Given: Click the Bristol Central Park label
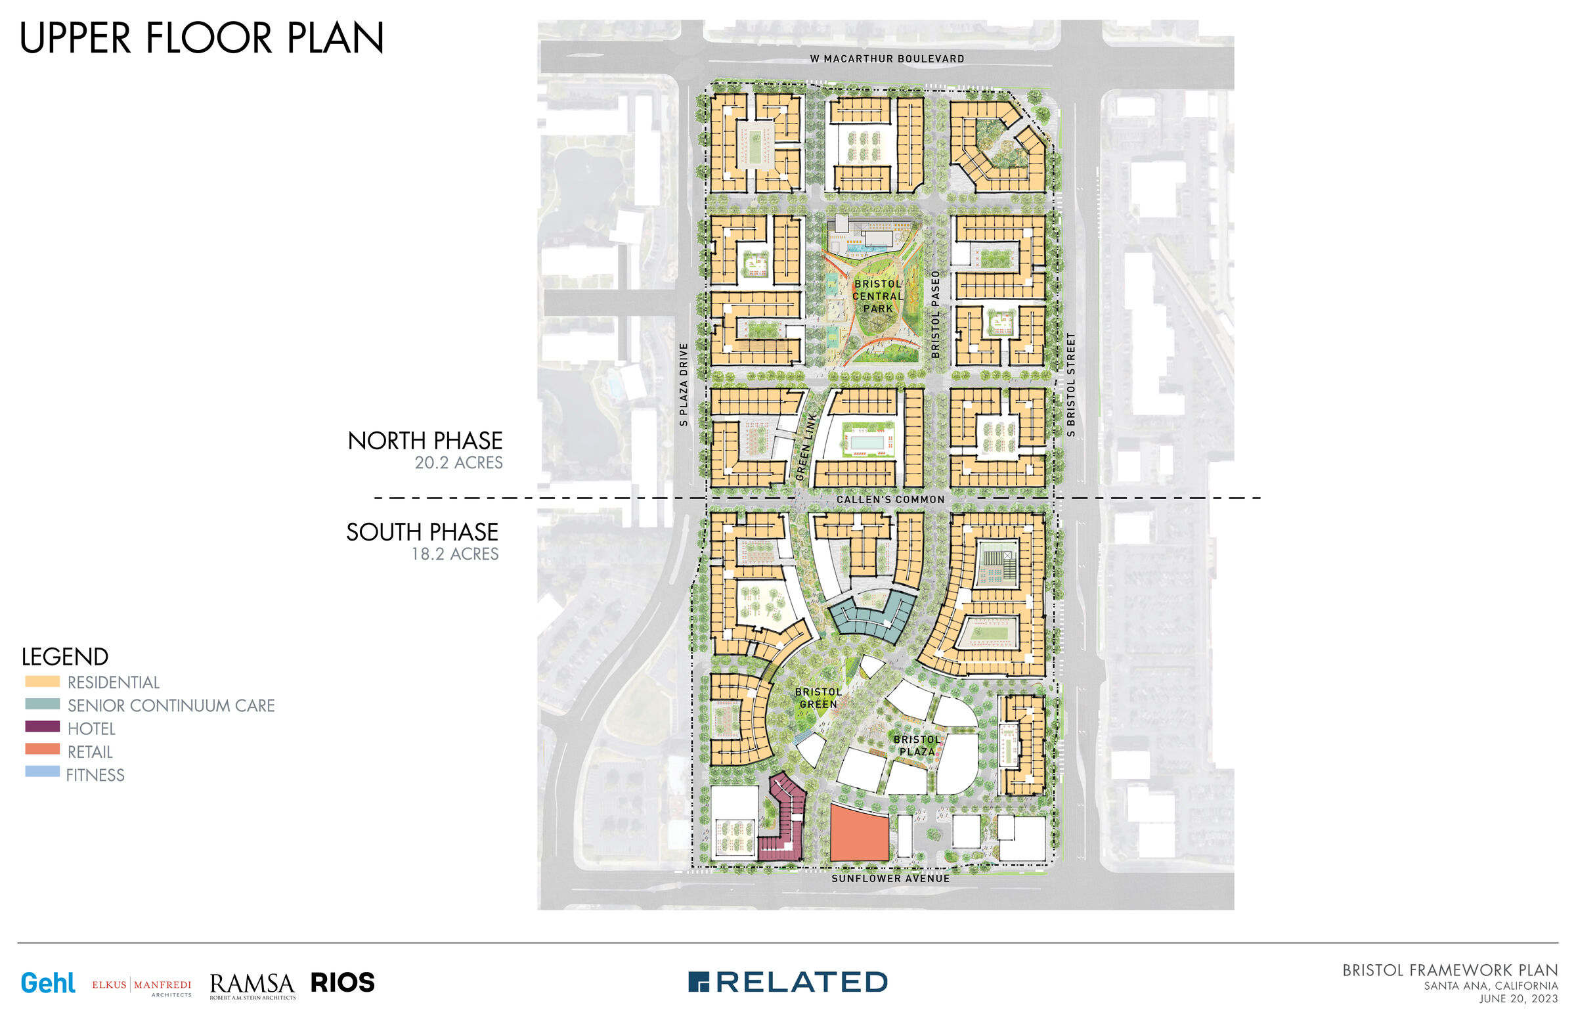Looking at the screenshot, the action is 878,296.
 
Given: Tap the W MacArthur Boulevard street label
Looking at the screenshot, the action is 887,59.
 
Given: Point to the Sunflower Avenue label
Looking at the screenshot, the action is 890,878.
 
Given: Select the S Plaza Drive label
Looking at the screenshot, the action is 684,384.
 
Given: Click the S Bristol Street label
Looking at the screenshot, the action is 1071,384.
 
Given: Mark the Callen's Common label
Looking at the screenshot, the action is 890,499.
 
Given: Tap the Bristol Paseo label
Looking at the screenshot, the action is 936,314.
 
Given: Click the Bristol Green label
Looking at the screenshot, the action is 818,698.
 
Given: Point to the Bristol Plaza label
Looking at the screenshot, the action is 917,745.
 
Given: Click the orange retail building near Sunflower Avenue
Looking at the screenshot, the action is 859,833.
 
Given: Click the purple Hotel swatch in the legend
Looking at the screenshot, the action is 43,726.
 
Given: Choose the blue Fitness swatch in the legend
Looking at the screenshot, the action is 43,772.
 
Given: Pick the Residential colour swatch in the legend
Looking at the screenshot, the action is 43,681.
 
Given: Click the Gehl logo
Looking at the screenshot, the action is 48,983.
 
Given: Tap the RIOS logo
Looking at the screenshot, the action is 342,983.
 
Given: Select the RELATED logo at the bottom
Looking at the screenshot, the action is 788,982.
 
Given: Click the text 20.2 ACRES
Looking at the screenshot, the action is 458,462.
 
